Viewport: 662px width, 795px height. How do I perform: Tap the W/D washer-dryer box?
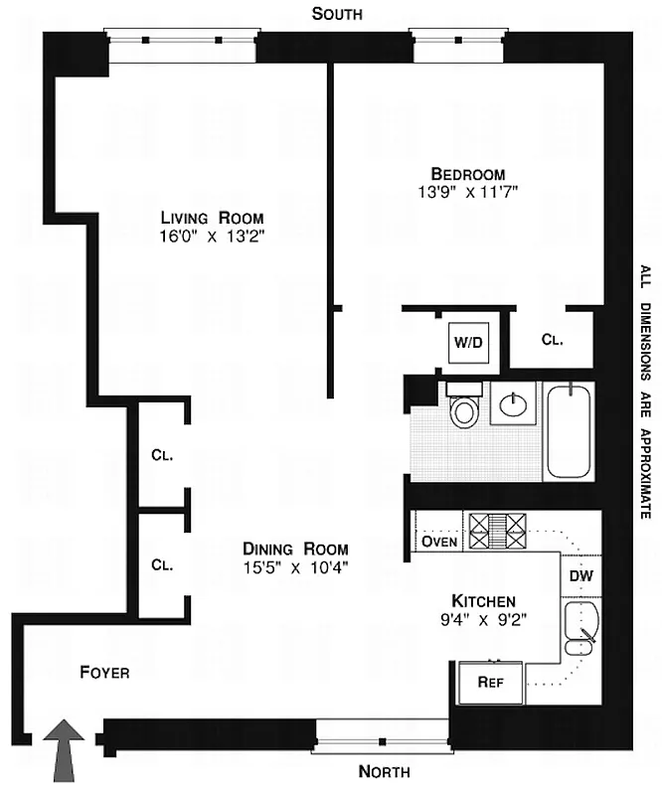click(x=467, y=344)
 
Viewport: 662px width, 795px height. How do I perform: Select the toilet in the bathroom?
click(x=464, y=410)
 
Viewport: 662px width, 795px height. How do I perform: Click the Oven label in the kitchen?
click(x=438, y=542)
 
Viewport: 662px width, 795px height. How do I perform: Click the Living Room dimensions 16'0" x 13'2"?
click(x=213, y=237)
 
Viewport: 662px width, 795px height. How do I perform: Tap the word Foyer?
click(x=104, y=673)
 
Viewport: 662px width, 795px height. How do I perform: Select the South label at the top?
click(x=337, y=14)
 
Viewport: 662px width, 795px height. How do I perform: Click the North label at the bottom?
click(x=385, y=771)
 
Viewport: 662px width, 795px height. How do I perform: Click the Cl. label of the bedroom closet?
click(x=552, y=339)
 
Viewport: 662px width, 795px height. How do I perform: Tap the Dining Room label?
click(x=296, y=549)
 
